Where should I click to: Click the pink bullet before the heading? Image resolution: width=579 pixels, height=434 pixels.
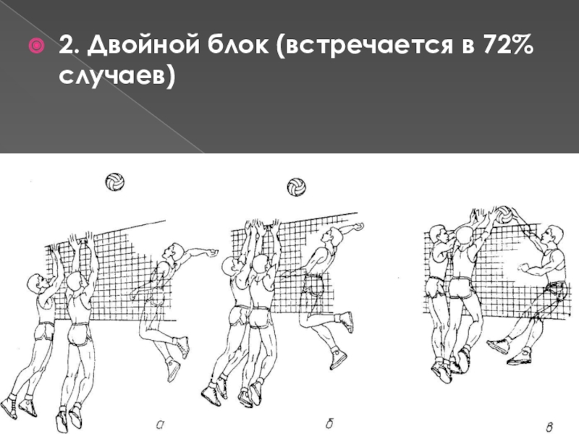click(37, 46)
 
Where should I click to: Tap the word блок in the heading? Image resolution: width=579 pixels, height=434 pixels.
click(237, 45)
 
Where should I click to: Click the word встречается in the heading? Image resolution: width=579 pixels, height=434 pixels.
click(368, 46)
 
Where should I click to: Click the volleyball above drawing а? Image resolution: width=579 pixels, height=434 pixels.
click(115, 182)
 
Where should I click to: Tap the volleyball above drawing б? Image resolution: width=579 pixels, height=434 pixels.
click(296, 187)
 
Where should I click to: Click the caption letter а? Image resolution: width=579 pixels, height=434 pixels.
click(160, 425)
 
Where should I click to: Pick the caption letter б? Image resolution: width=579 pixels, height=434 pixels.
click(330, 423)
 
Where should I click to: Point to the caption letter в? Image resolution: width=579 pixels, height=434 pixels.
click(549, 427)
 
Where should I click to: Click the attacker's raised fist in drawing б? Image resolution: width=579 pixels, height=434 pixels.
click(358, 226)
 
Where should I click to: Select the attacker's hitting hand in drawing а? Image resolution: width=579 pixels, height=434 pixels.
click(212, 253)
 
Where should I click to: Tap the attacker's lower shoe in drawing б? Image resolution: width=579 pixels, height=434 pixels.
click(338, 359)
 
